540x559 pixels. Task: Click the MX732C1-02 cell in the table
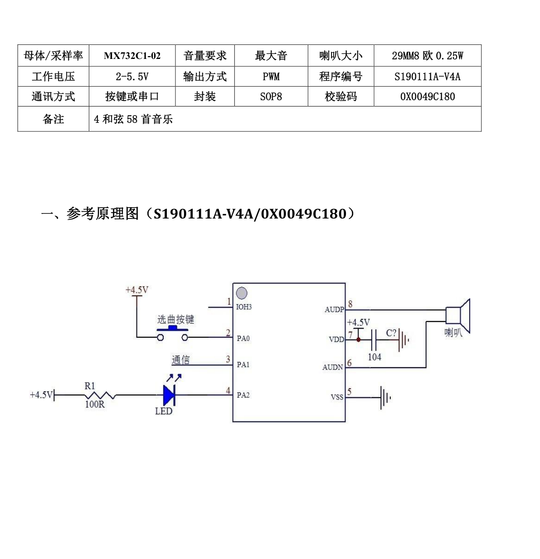click(132, 55)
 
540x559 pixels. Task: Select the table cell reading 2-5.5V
click(132, 77)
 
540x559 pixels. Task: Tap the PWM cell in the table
click(271, 77)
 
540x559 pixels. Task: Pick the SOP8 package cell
click(271, 96)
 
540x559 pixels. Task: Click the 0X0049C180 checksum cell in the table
click(428, 96)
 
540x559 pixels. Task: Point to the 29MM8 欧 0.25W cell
click(428, 55)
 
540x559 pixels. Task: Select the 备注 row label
click(53, 119)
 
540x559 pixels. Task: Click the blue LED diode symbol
click(169, 395)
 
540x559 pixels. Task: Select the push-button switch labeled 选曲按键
click(172, 333)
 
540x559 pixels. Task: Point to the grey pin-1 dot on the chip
click(241, 293)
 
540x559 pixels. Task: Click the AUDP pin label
click(334, 310)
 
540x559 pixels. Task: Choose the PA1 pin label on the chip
click(243, 365)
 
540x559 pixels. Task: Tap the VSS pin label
click(337, 397)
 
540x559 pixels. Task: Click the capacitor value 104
click(375, 357)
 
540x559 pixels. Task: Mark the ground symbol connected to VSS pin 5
click(385, 398)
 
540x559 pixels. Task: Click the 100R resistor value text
click(95, 404)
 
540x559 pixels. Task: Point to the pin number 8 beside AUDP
click(350, 304)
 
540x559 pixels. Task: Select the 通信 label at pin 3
click(180, 360)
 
